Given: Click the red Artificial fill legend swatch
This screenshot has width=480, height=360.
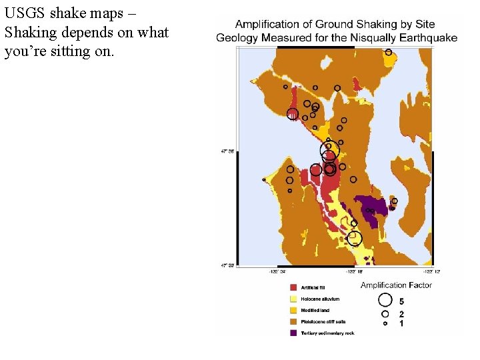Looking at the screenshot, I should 293,287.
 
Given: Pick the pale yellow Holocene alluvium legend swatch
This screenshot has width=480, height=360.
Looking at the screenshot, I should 293,299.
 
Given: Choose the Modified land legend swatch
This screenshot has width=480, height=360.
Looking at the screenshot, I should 293,310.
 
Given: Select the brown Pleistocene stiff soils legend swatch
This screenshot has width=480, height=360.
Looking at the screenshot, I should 293,321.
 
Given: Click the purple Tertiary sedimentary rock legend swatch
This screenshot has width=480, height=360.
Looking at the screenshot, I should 293,333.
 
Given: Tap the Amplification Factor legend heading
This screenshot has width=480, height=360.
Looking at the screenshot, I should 396,285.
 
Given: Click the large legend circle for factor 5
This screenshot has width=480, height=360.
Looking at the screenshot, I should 385,301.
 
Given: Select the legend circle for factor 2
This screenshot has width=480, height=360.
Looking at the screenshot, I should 385,313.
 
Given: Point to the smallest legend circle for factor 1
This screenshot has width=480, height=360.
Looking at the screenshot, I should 385,323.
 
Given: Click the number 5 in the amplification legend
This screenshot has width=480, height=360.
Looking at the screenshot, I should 401,301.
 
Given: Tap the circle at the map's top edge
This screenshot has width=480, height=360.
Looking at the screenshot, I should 389,52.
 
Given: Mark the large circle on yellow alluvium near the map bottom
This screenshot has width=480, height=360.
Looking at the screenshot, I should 355,237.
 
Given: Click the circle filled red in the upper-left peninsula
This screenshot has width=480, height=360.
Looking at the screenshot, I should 293,114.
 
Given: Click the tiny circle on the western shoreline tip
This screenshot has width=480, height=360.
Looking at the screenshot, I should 264,180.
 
